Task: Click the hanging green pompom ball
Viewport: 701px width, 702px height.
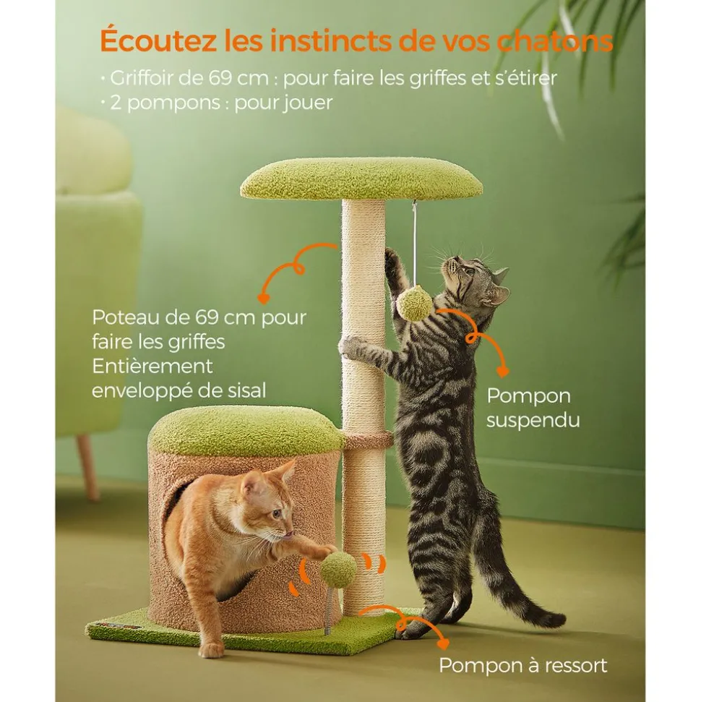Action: [x=414, y=303]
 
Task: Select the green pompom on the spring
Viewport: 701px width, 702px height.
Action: [x=338, y=570]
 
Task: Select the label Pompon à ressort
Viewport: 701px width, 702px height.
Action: [x=523, y=665]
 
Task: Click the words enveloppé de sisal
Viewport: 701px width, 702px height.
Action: [x=179, y=390]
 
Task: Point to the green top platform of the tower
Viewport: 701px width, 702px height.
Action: [x=361, y=179]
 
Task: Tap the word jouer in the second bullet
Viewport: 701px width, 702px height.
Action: [x=308, y=103]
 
